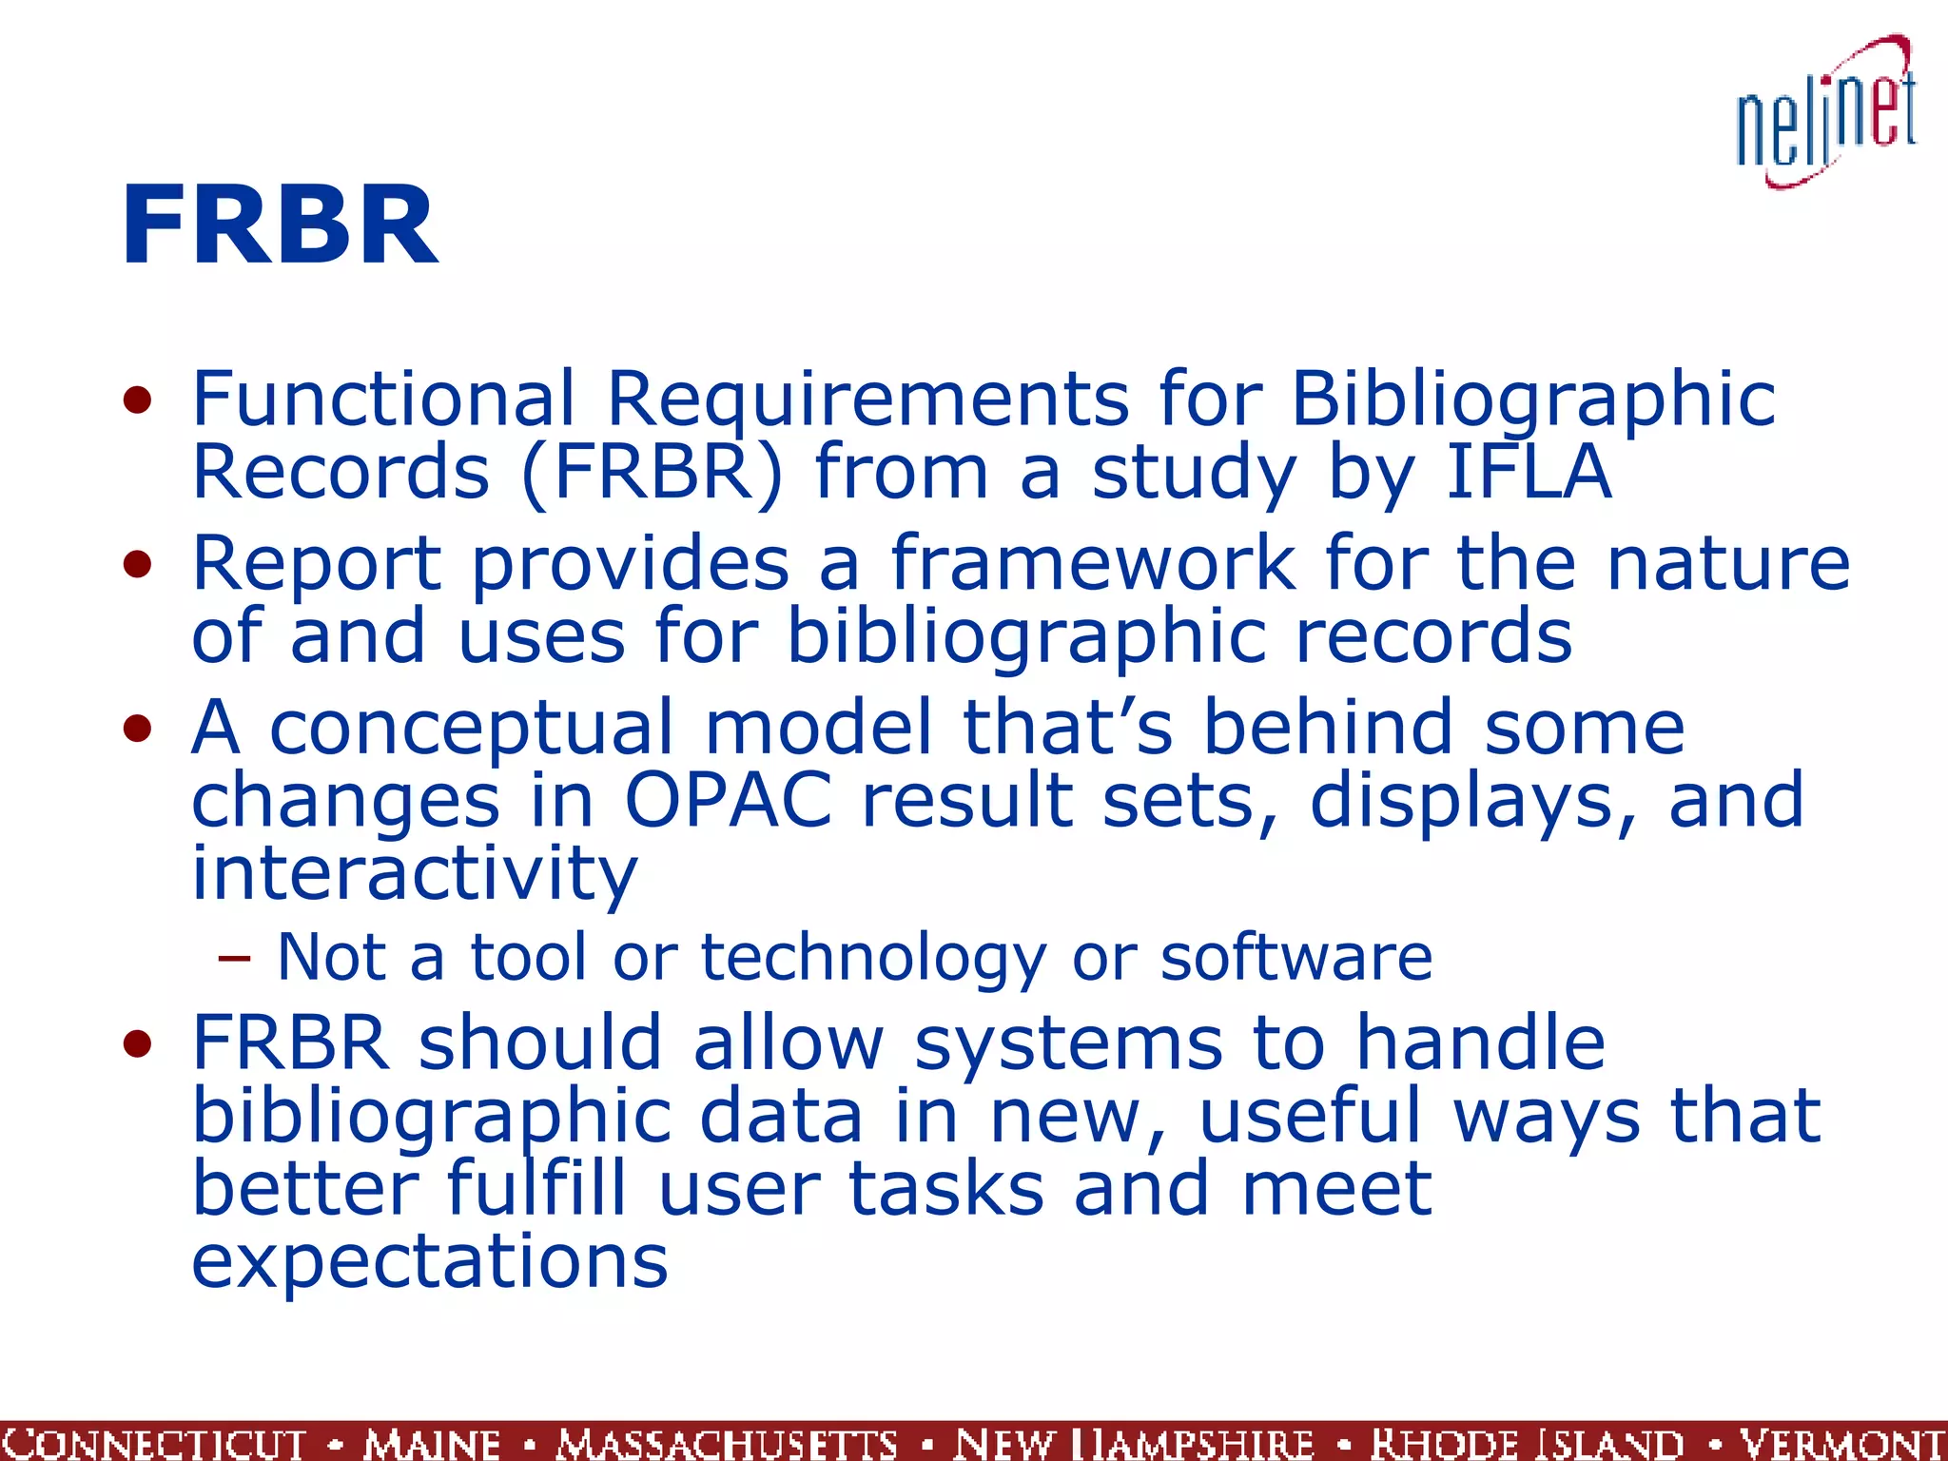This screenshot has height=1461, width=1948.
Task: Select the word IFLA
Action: pyautogui.click(x=1529, y=472)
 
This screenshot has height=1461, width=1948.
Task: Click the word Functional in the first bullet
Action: pyautogui.click(x=383, y=398)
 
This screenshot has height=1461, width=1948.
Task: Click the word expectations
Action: pyautogui.click(x=430, y=1261)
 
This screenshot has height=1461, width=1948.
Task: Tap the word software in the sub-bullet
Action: pyautogui.click(x=1295, y=957)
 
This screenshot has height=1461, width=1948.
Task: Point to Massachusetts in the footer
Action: pyautogui.click(x=728, y=1442)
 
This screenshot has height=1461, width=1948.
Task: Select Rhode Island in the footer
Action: pyautogui.click(x=1527, y=1442)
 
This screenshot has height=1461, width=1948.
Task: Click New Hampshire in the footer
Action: pyautogui.click(x=1134, y=1442)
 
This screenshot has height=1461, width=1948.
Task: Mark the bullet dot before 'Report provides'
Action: pyautogui.click(x=138, y=565)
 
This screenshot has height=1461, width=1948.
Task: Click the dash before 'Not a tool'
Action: pyautogui.click(x=234, y=957)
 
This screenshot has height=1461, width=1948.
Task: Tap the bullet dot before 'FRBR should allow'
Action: pyautogui.click(x=138, y=1044)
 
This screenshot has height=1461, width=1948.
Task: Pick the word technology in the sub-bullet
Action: pyautogui.click(x=873, y=957)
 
